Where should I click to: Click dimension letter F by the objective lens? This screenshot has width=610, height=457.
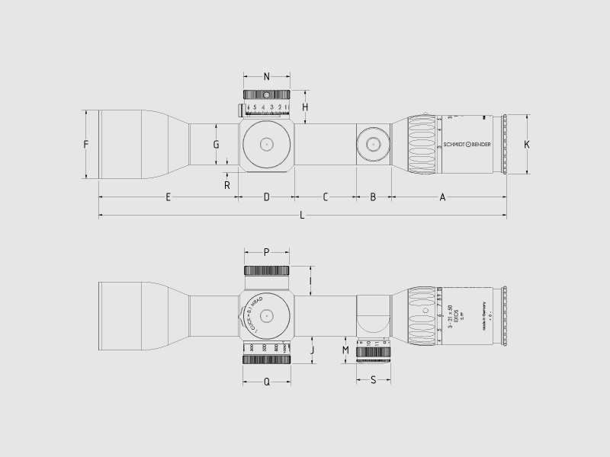point(86,144)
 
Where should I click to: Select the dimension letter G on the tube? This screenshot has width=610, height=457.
point(216,144)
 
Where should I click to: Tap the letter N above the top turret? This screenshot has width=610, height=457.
point(266,76)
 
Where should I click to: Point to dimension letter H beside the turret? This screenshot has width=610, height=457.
point(304,107)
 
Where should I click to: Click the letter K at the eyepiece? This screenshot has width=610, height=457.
point(526,144)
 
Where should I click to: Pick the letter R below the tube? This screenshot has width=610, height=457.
point(227,184)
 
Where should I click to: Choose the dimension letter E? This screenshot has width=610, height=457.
point(168,197)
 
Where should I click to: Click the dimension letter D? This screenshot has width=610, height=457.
point(267,197)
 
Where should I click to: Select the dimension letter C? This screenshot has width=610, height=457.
point(325,197)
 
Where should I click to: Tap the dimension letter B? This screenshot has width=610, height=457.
point(373,197)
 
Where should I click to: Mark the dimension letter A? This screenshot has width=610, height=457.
point(442,197)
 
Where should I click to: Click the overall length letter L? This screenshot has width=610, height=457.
point(302,216)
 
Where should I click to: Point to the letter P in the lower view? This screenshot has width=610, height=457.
point(266,251)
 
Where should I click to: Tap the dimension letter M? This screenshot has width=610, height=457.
point(345,350)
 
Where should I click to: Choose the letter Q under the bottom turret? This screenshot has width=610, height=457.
point(267,382)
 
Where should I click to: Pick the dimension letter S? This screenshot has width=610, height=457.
point(373,379)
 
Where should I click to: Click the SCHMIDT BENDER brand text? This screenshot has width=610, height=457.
point(467,144)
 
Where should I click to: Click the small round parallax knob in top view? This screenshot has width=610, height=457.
point(373,144)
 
